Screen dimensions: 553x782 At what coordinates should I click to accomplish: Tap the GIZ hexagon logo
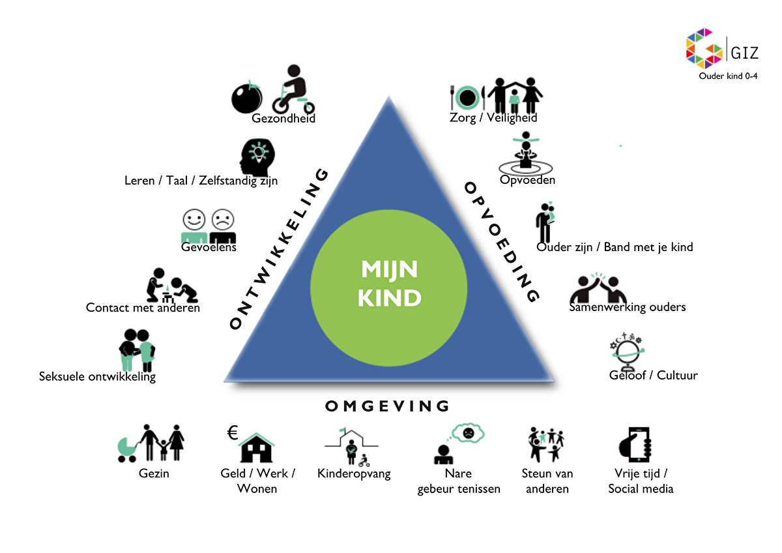click(x=704, y=48)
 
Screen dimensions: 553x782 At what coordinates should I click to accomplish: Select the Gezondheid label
click(x=283, y=119)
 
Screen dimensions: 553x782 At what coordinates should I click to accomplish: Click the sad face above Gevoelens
click(x=223, y=219)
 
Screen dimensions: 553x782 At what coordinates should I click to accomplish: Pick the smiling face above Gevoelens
click(x=194, y=219)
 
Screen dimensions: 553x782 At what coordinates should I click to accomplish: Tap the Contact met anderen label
click(x=143, y=307)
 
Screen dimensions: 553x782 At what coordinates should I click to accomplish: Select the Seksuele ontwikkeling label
click(x=97, y=376)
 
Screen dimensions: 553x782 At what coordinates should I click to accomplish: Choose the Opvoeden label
click(x=527, y=179)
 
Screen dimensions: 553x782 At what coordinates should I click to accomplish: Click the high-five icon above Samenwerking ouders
click(x=598, y=288)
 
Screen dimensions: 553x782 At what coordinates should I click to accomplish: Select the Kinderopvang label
click(x=354, y=473)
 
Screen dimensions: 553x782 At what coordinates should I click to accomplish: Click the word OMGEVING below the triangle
click(x=387, y=406)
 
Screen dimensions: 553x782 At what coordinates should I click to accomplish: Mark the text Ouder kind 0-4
click(x=728, y=76)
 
